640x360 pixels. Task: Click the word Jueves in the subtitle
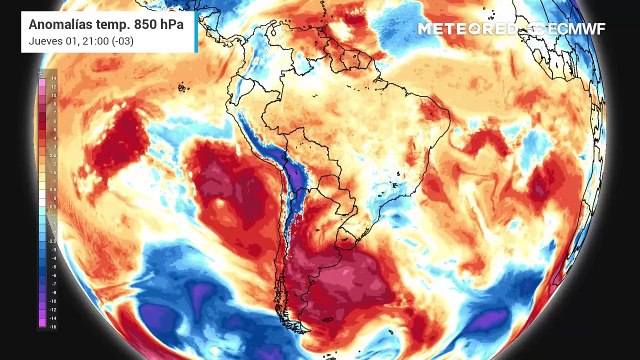44,42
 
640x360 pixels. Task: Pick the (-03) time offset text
116,42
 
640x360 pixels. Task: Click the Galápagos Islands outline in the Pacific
183,88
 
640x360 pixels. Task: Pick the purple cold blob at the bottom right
490,322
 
